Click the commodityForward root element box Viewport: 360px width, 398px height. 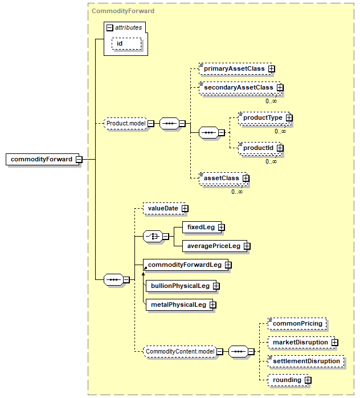point(41,159)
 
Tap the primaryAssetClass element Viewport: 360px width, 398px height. point(234,68)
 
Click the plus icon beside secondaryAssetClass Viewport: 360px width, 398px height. point(280,88)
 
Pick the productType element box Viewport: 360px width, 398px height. point(262,117)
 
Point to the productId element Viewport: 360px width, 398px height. point(257,148)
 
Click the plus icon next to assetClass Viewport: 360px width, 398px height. point(246,178)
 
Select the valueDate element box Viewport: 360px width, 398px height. point(162,209)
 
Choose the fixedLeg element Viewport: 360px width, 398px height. point(201,227)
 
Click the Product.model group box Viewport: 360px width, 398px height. point(126,123)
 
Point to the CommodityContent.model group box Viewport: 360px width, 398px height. point(179,351)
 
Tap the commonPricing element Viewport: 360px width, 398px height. point(297,323)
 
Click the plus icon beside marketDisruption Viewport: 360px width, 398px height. point(334,343)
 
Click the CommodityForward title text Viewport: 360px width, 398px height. point(123,11)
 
